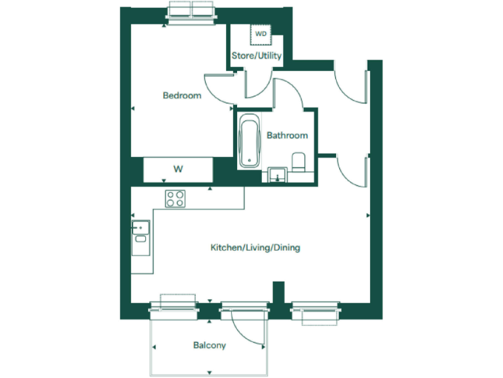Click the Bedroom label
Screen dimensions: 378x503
tap(181, 96)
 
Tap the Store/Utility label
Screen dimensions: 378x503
tap(257, 56)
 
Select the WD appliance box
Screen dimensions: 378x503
tap(261, 33)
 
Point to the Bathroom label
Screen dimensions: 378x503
tap(287, 136)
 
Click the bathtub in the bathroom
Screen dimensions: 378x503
tap(249, 140)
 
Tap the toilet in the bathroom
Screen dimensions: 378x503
tap(299, 161)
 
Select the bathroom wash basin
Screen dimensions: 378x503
tap(277, 175)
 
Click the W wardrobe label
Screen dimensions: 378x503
tap(177, 169)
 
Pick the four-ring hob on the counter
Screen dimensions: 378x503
tap(175, 198)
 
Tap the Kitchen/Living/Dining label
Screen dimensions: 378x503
tap(255, 248)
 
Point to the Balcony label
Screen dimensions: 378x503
tap(210, 345)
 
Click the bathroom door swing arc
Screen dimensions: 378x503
tap(288, 92)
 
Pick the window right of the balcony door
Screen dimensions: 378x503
tap(316, 311)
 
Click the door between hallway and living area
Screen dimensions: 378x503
tap(352, 172)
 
